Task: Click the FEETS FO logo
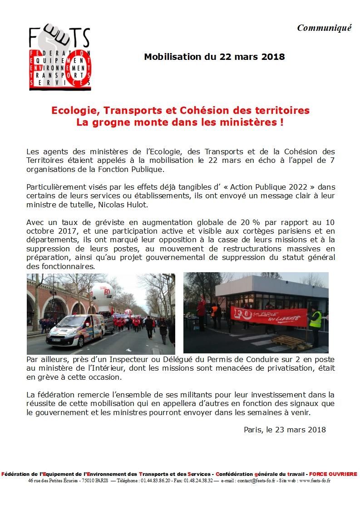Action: tap(59, 58)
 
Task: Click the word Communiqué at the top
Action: tap(324, 28)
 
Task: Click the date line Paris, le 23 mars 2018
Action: tap(285, 430)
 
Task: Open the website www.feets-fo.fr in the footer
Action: tap(314, 480)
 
